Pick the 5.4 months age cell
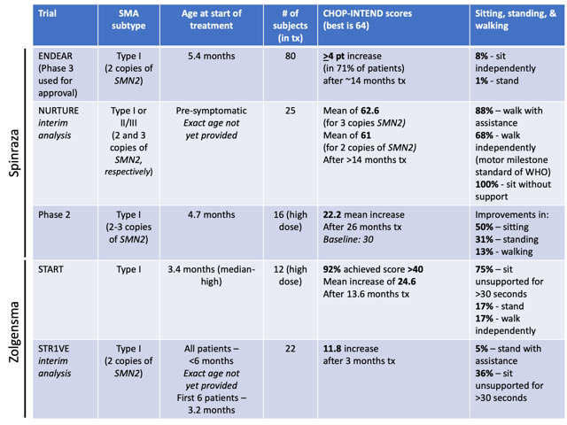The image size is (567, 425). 211,55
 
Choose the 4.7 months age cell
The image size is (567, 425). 211,213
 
